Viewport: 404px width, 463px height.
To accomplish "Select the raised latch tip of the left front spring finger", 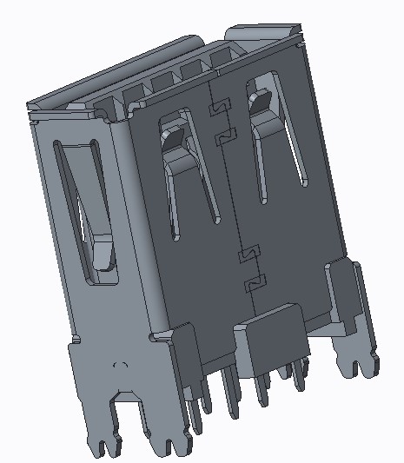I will click(x=173, y=138).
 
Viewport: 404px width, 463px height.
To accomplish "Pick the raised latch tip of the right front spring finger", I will click(x=261, y=103).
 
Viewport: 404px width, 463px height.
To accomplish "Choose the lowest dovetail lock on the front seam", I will click(x=254, y=282).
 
